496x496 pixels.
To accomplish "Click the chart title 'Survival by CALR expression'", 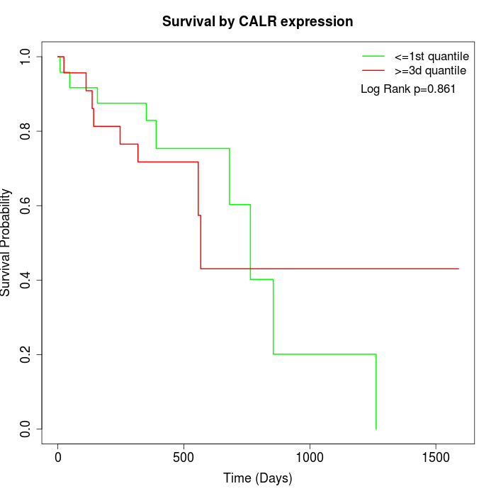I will coord(257,21).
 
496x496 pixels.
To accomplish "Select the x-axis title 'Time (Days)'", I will coord(257,478).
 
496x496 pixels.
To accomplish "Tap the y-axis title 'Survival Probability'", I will coord(6,242).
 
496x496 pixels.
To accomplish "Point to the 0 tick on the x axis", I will coord(58,458).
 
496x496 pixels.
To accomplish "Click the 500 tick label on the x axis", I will coord(184,458).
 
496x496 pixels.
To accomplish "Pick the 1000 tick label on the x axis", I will coord(310,458).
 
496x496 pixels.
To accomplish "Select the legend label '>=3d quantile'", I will coord(430,70).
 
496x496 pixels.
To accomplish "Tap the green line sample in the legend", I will coord(373,55).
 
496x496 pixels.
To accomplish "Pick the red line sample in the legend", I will coord(373,70).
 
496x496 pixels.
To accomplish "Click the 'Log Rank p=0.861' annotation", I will coord(408,89).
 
